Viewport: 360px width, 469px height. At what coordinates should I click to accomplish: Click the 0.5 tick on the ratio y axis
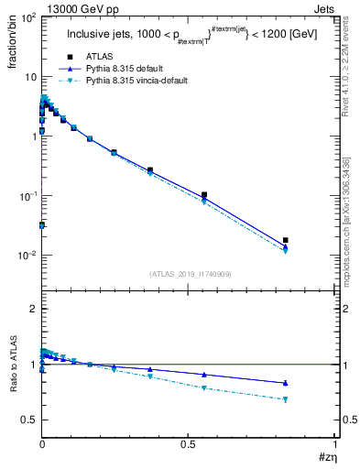pos(29,420)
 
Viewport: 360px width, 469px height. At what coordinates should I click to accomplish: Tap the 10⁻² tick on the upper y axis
pos(27,256)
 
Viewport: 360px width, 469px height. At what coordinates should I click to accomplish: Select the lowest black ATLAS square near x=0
pos(42,224)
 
